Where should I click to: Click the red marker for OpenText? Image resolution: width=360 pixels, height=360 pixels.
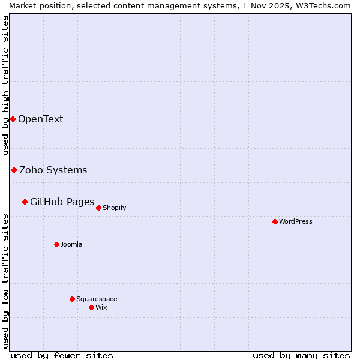(13, 119)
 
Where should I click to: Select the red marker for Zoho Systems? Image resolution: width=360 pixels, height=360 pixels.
(14, 170)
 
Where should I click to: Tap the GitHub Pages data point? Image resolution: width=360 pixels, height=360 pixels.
(25, 202)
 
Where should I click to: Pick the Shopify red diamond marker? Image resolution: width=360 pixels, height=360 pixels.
(98, 208)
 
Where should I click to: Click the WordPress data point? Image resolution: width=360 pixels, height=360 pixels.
(275, 221)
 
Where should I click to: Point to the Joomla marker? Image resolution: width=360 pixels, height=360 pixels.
(56, 244)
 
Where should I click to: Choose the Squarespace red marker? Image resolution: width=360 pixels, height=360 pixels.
(72, 299)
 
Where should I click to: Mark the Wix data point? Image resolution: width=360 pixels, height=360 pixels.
(91, 307)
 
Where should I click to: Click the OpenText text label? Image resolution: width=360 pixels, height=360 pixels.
(40, 119)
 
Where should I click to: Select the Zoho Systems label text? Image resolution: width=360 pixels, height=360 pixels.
(53, 170)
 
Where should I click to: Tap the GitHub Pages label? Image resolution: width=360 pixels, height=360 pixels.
(62, 202)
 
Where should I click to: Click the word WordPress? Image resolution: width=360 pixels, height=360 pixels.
(296, 221)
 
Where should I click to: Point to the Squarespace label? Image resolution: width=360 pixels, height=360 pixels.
(97, 299)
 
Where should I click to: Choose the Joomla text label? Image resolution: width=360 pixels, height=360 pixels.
(71, 244)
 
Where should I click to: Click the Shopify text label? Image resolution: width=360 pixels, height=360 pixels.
(114, 208)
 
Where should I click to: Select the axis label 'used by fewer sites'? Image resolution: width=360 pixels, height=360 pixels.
(62, 355)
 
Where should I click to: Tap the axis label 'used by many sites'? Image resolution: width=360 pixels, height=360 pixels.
(301, 355)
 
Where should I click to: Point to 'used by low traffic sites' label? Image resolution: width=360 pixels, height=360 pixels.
(5, 281)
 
